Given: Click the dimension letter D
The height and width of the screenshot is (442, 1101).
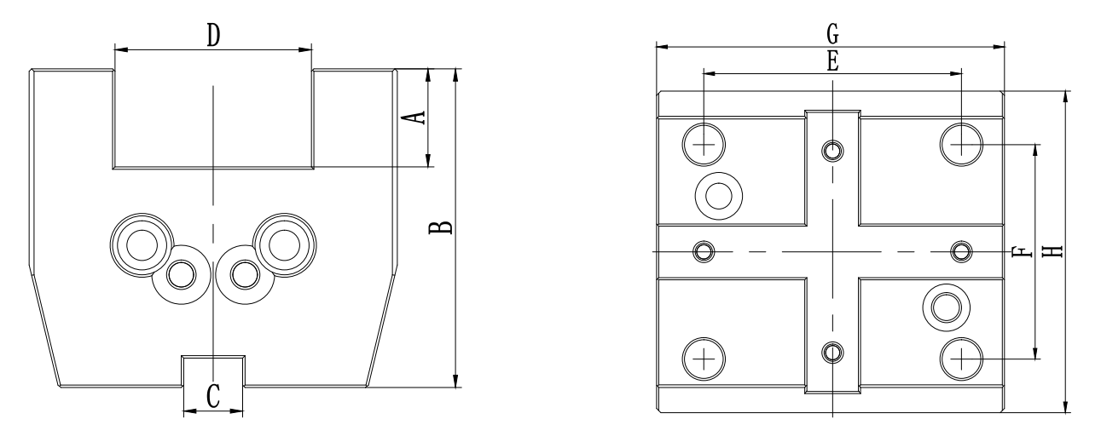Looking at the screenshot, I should click(x=213, y=35).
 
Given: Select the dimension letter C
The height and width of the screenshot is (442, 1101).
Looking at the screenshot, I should click(x=213, y=396).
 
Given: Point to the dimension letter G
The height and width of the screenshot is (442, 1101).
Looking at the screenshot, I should click(x=832, y=34).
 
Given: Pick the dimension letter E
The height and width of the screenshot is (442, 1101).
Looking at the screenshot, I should click(x=832, y=60).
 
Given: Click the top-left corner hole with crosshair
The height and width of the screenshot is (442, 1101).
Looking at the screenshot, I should click(x=704, y=145).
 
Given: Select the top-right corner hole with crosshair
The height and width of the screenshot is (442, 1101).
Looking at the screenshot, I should click(x=961, y=145).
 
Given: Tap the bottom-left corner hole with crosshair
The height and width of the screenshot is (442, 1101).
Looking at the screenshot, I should click(x=704, y=358).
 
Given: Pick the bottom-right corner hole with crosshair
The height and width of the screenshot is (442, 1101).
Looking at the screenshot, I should click(x=961, y=358).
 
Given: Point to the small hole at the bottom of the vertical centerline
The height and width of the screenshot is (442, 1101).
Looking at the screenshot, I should click(x=832, y=351).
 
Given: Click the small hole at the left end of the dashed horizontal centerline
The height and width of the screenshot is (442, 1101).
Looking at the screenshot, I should click(x=704, y=251).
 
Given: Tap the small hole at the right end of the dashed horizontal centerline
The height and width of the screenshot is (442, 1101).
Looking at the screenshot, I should click(x=961, y=251).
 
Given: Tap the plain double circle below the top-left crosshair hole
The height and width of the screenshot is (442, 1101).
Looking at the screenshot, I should click(x=718, y=195).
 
